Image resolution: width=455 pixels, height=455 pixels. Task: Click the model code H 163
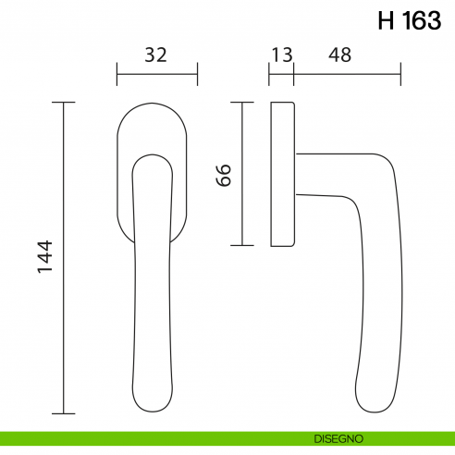[x=409, y=21]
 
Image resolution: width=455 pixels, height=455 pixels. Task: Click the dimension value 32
[x=156, y=55]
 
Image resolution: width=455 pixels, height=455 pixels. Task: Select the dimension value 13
[x=281, y=55]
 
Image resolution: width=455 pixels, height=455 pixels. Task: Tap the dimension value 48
[x=339, y=55]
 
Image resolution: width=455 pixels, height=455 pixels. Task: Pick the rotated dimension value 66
[x=224, y=175]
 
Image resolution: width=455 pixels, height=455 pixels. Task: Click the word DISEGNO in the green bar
[x=338, y=437]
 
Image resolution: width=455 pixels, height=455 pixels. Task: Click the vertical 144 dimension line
[x=63, y=277]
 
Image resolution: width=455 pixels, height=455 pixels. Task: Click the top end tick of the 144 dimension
[x=63, y=103]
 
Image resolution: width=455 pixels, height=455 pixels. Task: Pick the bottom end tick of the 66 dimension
[x=241, y=245]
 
